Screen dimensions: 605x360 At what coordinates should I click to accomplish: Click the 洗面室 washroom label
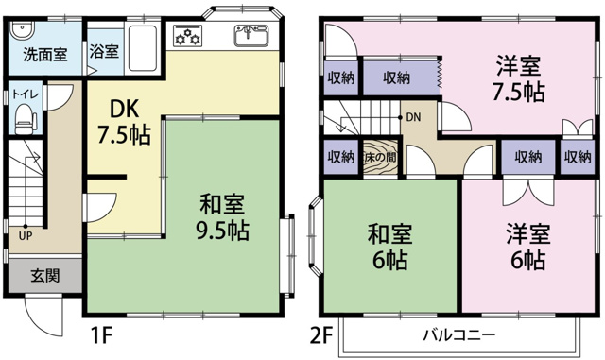45,55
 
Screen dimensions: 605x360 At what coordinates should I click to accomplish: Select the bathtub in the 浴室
143,48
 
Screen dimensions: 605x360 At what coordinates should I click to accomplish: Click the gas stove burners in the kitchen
187,36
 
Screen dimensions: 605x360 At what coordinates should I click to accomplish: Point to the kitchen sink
251,36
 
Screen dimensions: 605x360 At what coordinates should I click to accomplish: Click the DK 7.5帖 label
124,122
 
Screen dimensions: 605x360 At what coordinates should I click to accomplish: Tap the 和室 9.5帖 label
222,217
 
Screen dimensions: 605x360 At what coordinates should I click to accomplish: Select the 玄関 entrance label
45,276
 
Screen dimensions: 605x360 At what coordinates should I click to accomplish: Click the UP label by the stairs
26,236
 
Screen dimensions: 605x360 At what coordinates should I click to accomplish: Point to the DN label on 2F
414,117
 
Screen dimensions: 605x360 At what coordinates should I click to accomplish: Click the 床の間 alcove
380,158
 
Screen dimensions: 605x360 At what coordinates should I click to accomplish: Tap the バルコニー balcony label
459,334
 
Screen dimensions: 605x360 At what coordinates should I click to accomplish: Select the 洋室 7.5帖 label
519,78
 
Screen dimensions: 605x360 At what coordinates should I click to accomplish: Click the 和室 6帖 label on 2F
389,247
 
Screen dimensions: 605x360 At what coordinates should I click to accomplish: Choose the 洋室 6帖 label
528,247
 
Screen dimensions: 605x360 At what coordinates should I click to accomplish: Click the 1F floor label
101,334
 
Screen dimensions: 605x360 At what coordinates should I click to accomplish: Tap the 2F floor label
321,334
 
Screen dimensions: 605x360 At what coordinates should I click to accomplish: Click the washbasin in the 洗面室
22,29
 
